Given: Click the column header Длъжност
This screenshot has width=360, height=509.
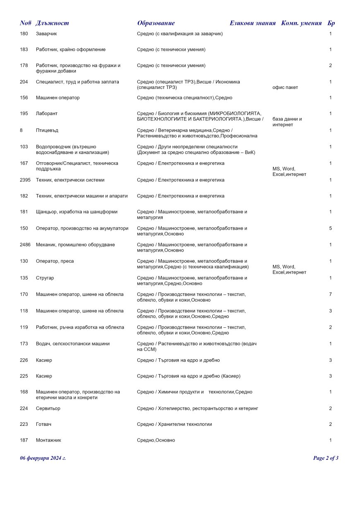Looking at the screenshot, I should click(52, 23).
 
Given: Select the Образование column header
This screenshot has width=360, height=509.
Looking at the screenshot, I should click(156, 23).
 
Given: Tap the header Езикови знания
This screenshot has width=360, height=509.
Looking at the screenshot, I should click(252, 23).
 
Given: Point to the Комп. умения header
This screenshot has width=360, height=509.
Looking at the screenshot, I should click(301, 23).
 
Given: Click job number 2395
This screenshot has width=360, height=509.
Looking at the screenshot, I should click(25, 180).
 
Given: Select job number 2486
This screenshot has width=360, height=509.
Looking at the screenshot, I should click(25, 245).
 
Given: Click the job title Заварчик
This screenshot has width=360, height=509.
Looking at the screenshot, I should click(46, 34).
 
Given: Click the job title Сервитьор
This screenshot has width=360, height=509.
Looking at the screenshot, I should click(48, 408).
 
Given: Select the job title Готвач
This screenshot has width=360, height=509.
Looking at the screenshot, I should click(44, 424).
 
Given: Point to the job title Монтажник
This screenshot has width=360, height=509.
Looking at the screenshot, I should click(48, 440).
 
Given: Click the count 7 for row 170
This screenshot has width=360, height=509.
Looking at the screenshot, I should click(330, 294).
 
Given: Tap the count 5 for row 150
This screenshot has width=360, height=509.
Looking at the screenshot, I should click(330, 228).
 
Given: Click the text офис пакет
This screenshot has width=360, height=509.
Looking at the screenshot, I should click(285, 88).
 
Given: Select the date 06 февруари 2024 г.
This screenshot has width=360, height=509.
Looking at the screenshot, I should click(43, 458).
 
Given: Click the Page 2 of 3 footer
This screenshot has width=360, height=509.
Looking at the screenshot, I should click(326, 458).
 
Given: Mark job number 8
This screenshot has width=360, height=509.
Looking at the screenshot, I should click(21, 130).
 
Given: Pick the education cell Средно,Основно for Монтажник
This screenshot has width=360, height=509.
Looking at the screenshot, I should click(156, 440).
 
